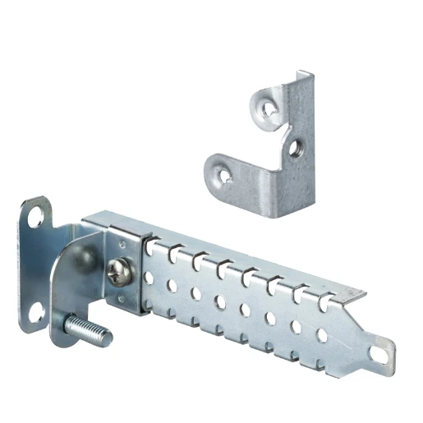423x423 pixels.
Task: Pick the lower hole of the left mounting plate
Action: click(x=36, y=312)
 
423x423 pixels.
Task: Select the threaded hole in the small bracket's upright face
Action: click(x=295, y=149)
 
